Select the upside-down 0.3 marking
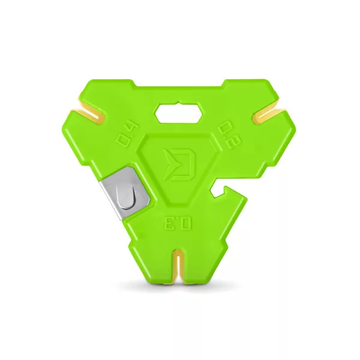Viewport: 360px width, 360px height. coord(178,223)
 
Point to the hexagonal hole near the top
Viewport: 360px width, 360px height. coord(179,113)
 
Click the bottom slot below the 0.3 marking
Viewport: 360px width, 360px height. coord(178,266)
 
